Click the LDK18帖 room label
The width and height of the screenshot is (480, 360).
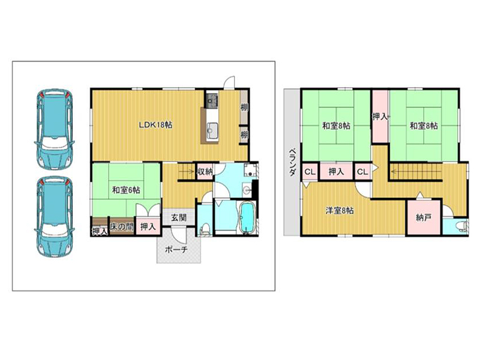[x=155, y=125]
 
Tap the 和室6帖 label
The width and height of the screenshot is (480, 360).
[x=126, y=190]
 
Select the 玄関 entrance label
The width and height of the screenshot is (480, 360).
[x=178, y=218]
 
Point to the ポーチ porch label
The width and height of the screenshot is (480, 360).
[x=176, y=250]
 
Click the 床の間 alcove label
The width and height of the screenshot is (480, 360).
[x=122, y=227]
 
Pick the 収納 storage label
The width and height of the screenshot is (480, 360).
[x=205, y=172]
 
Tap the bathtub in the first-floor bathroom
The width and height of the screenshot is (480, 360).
[x=247, y=218]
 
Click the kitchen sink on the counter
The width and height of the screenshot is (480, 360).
[x=212, y=130]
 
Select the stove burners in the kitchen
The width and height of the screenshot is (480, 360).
[x=212, y=98]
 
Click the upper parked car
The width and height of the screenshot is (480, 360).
[x=55, y=128]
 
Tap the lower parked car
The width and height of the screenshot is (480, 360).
[x=55, y=217]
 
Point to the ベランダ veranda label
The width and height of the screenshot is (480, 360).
[x=292, y=162]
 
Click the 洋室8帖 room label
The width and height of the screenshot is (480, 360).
[x=340, y=211]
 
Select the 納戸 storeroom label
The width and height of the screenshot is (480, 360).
[x=424, y=218]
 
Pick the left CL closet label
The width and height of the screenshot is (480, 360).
[x=310, y=172]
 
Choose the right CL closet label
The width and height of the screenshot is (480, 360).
[x=362, y=172]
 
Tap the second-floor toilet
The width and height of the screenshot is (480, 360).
[x=462, y=227]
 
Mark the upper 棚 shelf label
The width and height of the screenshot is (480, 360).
[x=244, y=107]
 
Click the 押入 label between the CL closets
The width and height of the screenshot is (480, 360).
[x=336, y=172]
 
